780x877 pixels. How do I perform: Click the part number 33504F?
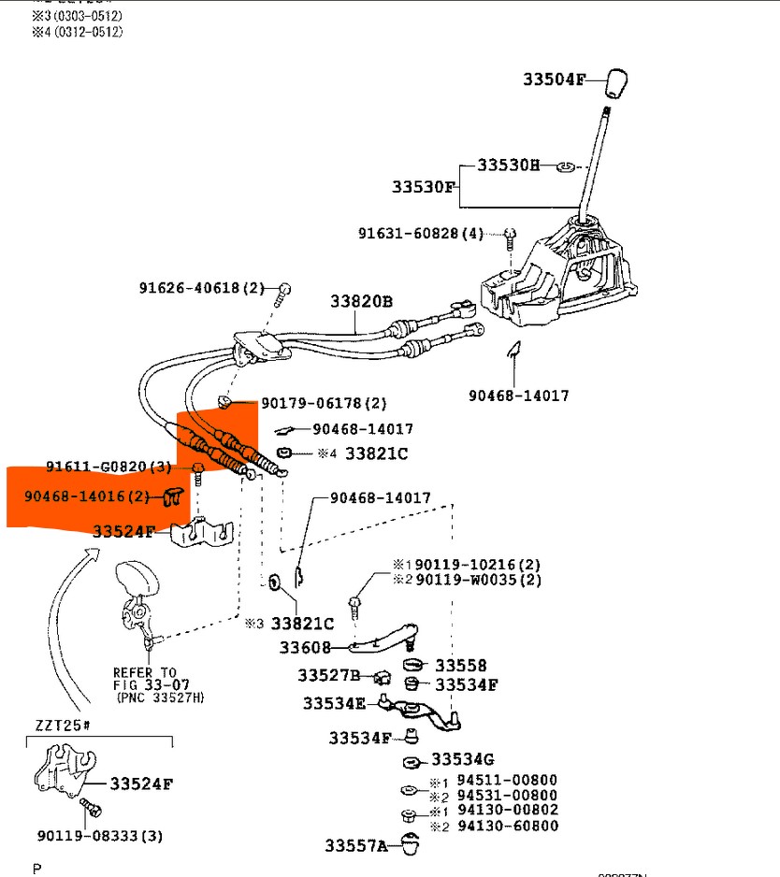(x=552, y=80)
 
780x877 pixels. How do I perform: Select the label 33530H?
(x=508, y=165)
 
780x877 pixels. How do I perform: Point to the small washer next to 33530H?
(x=564, y=166)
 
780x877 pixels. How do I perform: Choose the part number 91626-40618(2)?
(x=202, y=288)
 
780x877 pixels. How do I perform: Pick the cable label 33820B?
(x=361, y=301)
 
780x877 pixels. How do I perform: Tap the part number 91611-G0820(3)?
(x=108, y=466)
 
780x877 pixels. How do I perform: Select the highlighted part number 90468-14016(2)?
(x=87, y=496)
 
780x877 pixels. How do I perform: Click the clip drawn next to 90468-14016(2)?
(x=172, y=496)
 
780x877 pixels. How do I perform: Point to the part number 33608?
(x=304, y=647)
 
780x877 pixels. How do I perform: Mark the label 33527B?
(x=329, y=675)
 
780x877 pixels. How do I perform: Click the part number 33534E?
(x=334, y=702)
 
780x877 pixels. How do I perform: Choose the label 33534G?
(x=462, y=759)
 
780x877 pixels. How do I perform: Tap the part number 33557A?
(x=356, y=846)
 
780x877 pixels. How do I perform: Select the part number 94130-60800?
(x=507, y=826)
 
